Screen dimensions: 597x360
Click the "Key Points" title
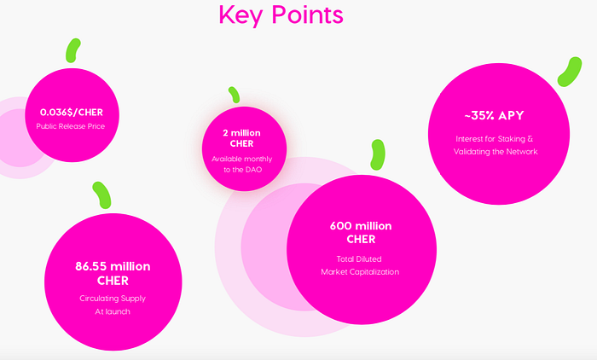point(281,15)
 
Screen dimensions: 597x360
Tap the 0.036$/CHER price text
point(72,113)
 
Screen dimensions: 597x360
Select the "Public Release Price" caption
point(71,126)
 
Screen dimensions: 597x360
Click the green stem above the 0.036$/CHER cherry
point(72,50)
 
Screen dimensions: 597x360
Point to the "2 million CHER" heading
point(241,138)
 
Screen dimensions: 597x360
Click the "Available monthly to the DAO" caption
point(242,164)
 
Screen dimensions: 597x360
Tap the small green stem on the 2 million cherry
point(234,95)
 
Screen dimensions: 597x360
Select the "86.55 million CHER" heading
point(113,273)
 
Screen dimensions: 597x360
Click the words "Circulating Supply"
point(113,299)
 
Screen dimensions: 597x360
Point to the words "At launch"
point(113,311)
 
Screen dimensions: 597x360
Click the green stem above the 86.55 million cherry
point(101,195)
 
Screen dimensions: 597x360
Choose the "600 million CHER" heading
point(361,232)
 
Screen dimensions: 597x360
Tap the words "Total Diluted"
point(359,259)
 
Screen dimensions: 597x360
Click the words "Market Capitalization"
point(360,272)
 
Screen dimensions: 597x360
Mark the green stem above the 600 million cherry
point(378,154)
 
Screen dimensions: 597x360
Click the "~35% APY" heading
point(494,115)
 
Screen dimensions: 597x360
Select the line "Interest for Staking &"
point(494,139)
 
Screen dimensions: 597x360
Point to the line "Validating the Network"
point(496,152)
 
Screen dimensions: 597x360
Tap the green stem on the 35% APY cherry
point(570,72)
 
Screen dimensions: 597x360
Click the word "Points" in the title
point(307,15)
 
